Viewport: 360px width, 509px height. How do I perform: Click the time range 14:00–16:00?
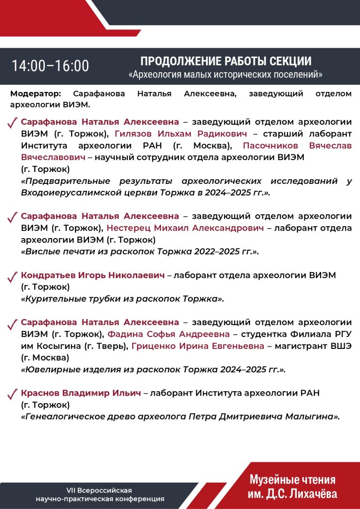[50, 66]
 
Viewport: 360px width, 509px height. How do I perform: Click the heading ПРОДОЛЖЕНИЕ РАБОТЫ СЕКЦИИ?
[226, 61]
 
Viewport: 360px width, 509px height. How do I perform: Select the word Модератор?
[35, 93]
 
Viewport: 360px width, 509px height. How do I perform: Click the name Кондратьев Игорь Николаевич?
[92, 275]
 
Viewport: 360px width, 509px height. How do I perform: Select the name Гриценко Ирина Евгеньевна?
[198, 346]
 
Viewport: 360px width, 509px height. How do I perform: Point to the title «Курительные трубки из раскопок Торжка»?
[122, 299]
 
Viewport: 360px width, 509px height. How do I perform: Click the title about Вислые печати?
[140, 252]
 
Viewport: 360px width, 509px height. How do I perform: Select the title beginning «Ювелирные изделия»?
[153, 370]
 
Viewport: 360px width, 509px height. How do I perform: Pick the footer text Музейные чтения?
[292, 480]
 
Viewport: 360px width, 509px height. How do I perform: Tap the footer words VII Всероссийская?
[99, 490]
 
